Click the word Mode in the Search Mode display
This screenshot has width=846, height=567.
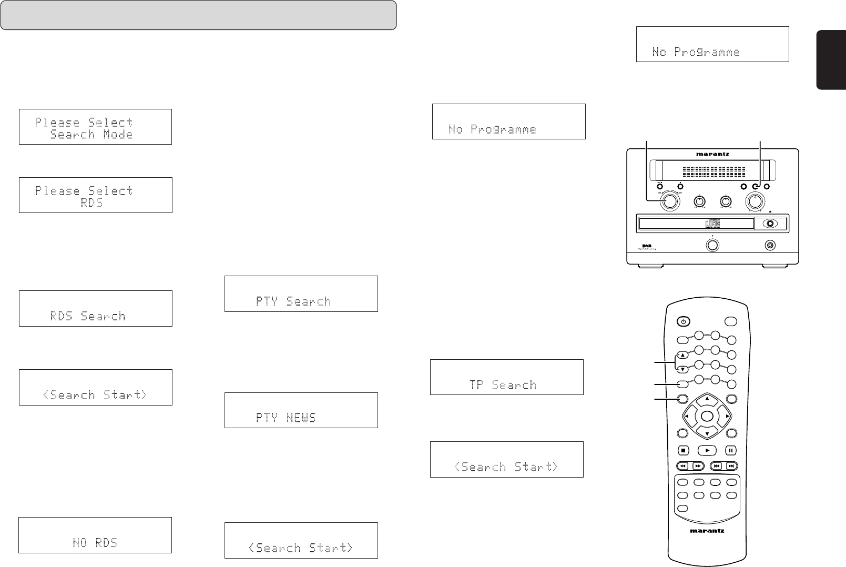point(117,134)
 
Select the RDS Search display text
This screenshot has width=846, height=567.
point(88,316)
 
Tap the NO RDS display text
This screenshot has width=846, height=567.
point(95,542)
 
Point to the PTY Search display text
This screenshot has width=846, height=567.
point(293,301)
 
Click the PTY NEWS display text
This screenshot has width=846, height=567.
point(286,418)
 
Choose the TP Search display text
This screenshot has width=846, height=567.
point(503,384)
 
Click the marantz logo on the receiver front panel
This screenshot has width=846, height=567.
point(712,155)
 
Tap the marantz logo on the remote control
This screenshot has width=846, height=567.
point(707,531)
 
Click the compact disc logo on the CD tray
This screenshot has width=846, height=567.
point(712,224)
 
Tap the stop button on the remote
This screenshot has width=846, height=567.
point(683,450)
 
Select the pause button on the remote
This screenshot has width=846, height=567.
point(731,450)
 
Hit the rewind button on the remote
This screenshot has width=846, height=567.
point(682,466)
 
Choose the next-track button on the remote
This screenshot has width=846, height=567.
point(731,466)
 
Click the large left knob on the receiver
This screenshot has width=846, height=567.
point(670,201)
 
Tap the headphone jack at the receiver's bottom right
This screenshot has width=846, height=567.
point(770,245)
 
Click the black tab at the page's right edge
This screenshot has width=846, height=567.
point(831,60)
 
